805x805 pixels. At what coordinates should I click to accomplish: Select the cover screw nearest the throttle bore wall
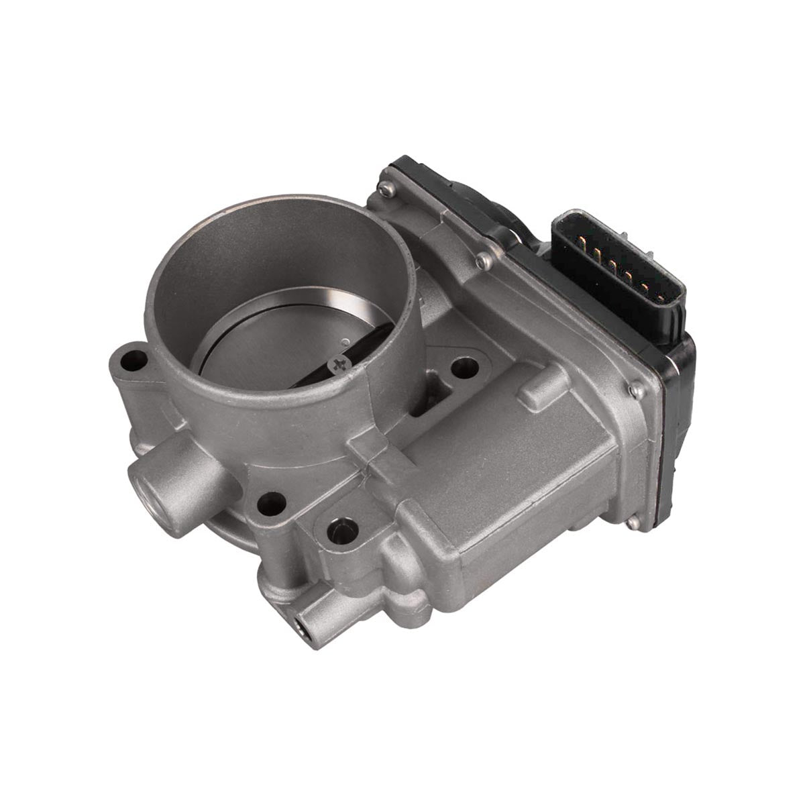480,260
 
